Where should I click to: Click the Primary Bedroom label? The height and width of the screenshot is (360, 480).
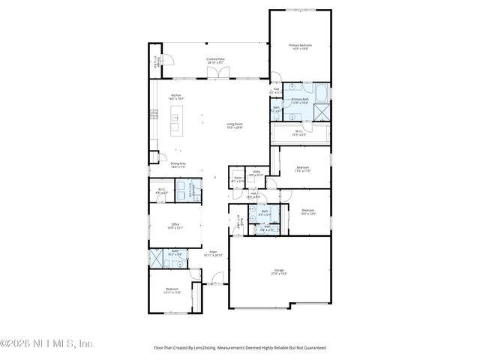coord(301,47)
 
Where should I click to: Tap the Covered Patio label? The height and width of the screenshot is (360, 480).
coord(215,60)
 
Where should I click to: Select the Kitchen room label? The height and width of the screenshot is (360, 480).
coord(176,97)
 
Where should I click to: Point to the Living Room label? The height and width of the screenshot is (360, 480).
coord(235,125)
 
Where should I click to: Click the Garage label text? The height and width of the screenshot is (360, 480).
coord(279,272)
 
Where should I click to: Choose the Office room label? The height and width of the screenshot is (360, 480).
coord(175,224)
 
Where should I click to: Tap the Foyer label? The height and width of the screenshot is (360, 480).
coord(214,253)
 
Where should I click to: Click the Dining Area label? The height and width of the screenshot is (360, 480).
coord(178,165)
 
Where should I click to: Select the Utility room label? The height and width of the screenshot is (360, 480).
coord(256,173)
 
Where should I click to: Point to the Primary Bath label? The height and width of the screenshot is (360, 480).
coord(301,100)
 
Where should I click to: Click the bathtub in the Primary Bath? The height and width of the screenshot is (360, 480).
coord(321,94)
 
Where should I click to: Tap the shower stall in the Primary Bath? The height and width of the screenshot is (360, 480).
coord(322,112)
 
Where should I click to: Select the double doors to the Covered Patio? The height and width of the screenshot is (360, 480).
coord(220,75)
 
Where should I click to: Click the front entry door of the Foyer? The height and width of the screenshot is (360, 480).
coord(217,283)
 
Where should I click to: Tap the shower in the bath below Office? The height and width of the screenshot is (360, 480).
coord(157,258)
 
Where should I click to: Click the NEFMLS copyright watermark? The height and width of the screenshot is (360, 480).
coord(46,343)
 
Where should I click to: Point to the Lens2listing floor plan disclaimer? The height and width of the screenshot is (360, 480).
coord(240,348)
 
